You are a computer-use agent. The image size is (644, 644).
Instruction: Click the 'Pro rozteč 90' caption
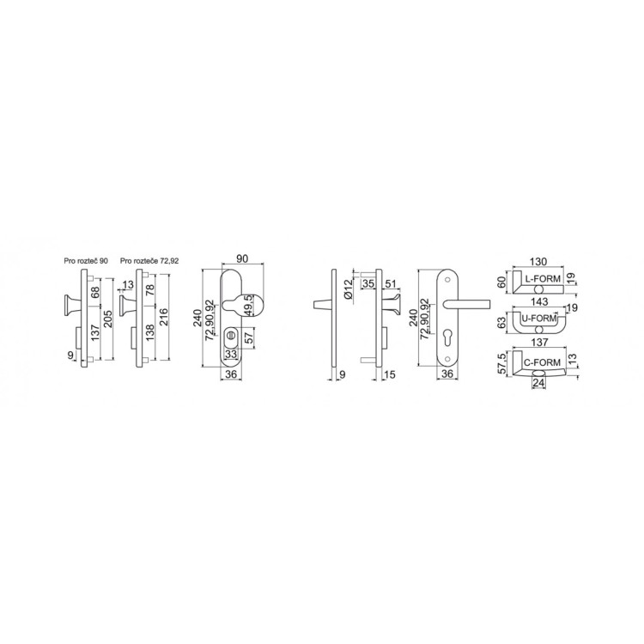(86, 261)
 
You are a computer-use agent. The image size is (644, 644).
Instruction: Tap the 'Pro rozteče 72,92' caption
(149, 261)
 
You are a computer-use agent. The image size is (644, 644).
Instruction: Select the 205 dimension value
(107, 319)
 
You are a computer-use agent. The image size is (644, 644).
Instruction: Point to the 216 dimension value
(163, 317)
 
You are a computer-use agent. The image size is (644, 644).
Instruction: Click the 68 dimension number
(95, 293)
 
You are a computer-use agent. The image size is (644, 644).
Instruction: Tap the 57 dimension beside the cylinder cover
(249, 338)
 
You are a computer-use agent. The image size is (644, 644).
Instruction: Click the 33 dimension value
(231, 354)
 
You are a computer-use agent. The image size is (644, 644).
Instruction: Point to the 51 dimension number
(391, 283)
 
